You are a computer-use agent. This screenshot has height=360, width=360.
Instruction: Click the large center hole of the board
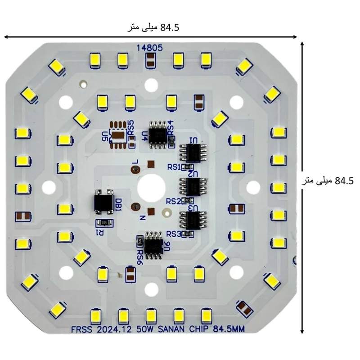pyautogui.click(x=151, y=188)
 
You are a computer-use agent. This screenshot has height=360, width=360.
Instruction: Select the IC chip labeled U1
pyautogui.click(x=193, y=153)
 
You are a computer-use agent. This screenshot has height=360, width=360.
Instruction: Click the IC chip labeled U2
pyautogui.click(x=193, y=186)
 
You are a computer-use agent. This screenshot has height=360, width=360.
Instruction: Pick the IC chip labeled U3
pyautogui.click(x=193, y=220)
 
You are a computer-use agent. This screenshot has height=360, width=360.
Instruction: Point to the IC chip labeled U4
pyautogui.click(x=158, y=135)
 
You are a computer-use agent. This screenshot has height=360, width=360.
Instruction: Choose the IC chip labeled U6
pyautogui.click(x=154, y=245)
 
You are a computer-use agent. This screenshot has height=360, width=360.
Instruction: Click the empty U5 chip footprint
pyautogui.click(x=118, y=135)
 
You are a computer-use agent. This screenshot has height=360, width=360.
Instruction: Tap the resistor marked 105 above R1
pyautogui.click(x=104, y=222)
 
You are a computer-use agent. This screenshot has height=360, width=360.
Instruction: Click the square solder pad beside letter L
pyautogui.click(x=151, y=164)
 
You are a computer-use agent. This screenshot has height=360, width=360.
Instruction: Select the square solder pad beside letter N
pyautogui.click(x=151, y=211)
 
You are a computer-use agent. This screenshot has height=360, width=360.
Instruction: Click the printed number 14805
pyautogui.click(x=149, y=48)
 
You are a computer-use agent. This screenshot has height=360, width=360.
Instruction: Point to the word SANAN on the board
pyautogui.click(x=171, y=329)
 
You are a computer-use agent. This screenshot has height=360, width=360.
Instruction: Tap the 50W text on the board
pyautogui.click(x=144, y=329)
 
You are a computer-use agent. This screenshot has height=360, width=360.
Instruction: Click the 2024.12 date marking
pyautogui.click(x=114, y=330)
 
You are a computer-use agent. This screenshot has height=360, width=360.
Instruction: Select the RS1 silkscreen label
pyautogui.click(x=174, y=167)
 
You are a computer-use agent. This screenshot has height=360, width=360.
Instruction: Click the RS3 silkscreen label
pyautogui.click(x=174, y=234)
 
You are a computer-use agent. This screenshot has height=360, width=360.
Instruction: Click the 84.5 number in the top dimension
pyautogui.click(x=170, y=27)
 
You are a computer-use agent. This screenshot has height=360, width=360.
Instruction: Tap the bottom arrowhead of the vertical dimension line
pyautogui.click(x=302, y=332)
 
